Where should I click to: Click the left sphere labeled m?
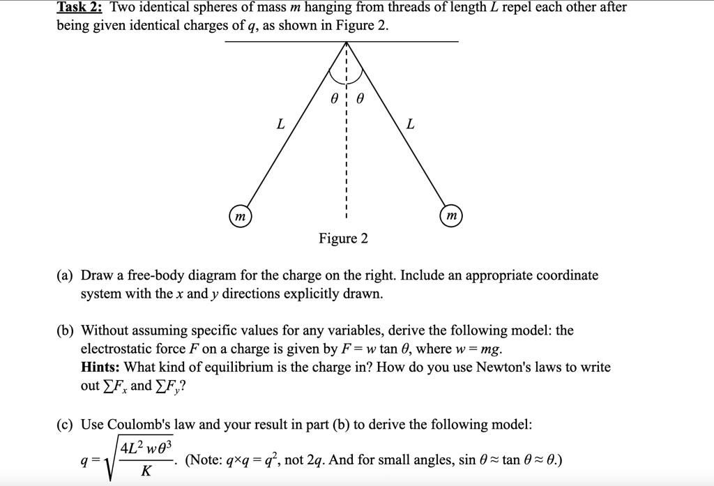[x=240, y=217]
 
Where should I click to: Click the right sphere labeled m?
[x=451, y=217]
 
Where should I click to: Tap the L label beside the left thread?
[x=280, y=124]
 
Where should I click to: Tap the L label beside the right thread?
[x=410, y=124]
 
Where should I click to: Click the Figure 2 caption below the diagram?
[x=343, y=239]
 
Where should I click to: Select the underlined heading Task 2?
[x=80, y=8]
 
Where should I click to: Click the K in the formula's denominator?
[x=145, y=471]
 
